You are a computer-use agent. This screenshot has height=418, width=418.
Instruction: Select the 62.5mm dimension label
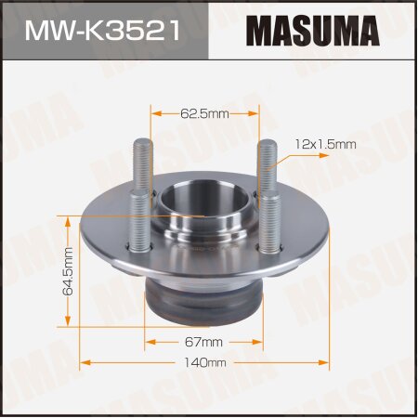coord(203,113)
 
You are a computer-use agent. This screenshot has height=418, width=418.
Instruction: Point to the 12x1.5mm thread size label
coord(326,144)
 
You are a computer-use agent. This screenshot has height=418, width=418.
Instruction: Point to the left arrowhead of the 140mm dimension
coord(86,361)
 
